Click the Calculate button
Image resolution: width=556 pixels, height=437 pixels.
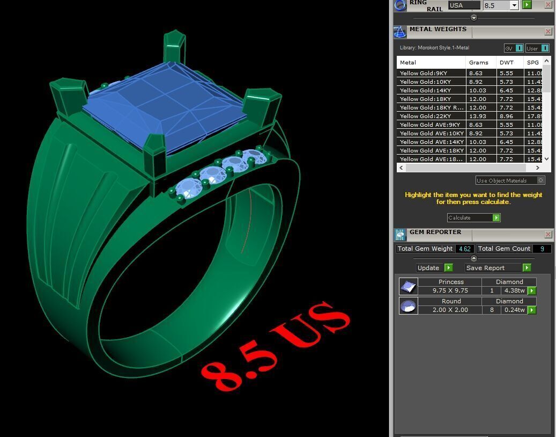473,217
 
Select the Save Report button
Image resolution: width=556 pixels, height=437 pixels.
498,267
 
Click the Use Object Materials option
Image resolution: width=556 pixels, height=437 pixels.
510,180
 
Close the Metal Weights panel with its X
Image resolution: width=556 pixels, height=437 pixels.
548,32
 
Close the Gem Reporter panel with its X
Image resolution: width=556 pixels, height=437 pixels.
548,235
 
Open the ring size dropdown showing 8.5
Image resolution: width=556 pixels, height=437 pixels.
514,5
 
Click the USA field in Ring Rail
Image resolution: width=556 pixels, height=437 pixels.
464,5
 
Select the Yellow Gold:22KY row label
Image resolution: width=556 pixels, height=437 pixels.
425,116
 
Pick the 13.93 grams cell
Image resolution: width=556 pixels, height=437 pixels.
477,116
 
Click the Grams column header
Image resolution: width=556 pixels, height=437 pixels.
478,62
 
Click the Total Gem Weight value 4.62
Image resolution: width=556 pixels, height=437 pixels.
464,249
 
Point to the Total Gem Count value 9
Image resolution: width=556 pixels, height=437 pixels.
542,249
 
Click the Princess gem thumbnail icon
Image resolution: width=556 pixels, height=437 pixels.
408,286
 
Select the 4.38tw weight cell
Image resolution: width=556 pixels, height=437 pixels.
514,290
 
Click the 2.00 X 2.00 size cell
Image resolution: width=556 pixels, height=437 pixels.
450,310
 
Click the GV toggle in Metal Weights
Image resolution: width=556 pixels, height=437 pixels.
513,48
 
